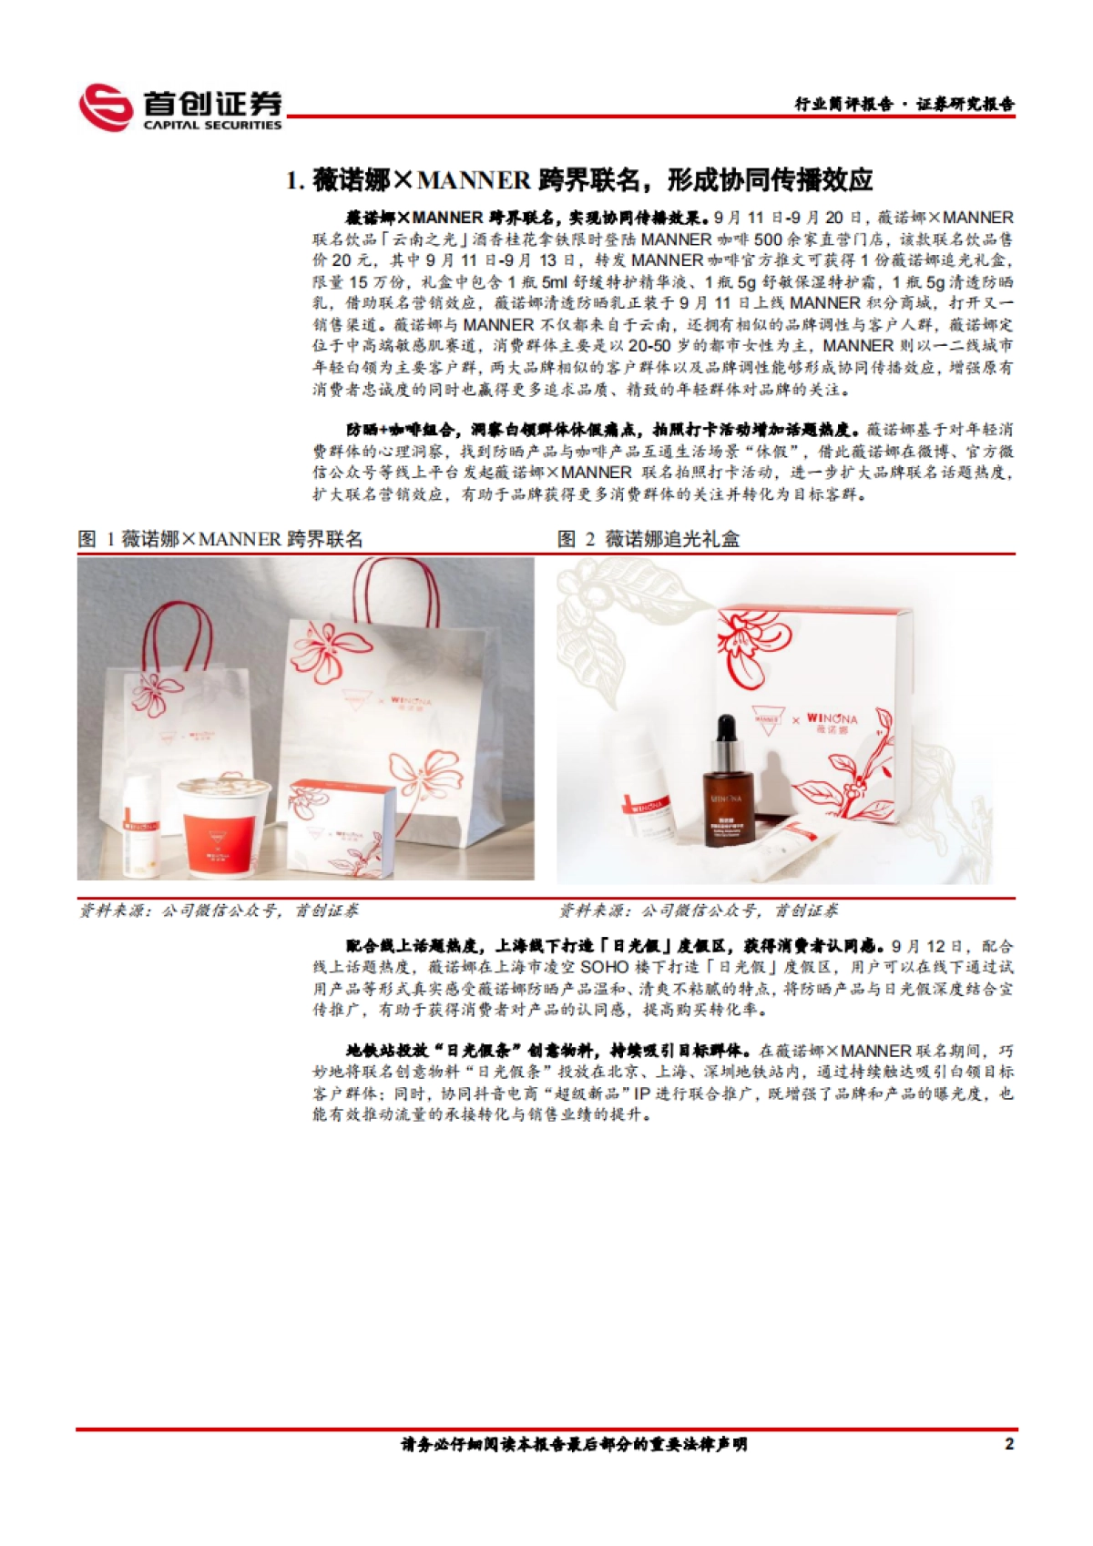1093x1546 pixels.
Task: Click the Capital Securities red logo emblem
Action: click(x=106, y=107)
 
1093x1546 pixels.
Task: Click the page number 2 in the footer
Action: click(x=1008, y=1444)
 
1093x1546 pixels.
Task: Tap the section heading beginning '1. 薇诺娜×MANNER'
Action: click(x=579, y=180)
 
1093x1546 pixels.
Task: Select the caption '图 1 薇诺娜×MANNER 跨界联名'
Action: click(x=220, y=539)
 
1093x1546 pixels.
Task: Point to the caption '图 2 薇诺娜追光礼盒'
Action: click(x=649, y=539)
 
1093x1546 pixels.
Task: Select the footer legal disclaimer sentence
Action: click(x=574, y=1444)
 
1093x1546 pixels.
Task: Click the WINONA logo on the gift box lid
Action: click(x=831, y=719)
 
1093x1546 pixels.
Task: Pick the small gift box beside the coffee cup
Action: click(x=341, y=824)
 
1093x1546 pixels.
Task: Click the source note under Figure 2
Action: click(x=698, y=910)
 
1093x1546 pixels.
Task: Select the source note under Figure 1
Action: click(x=219, y=910)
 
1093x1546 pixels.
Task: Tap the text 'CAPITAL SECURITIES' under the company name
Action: click(x=212, y=126)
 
